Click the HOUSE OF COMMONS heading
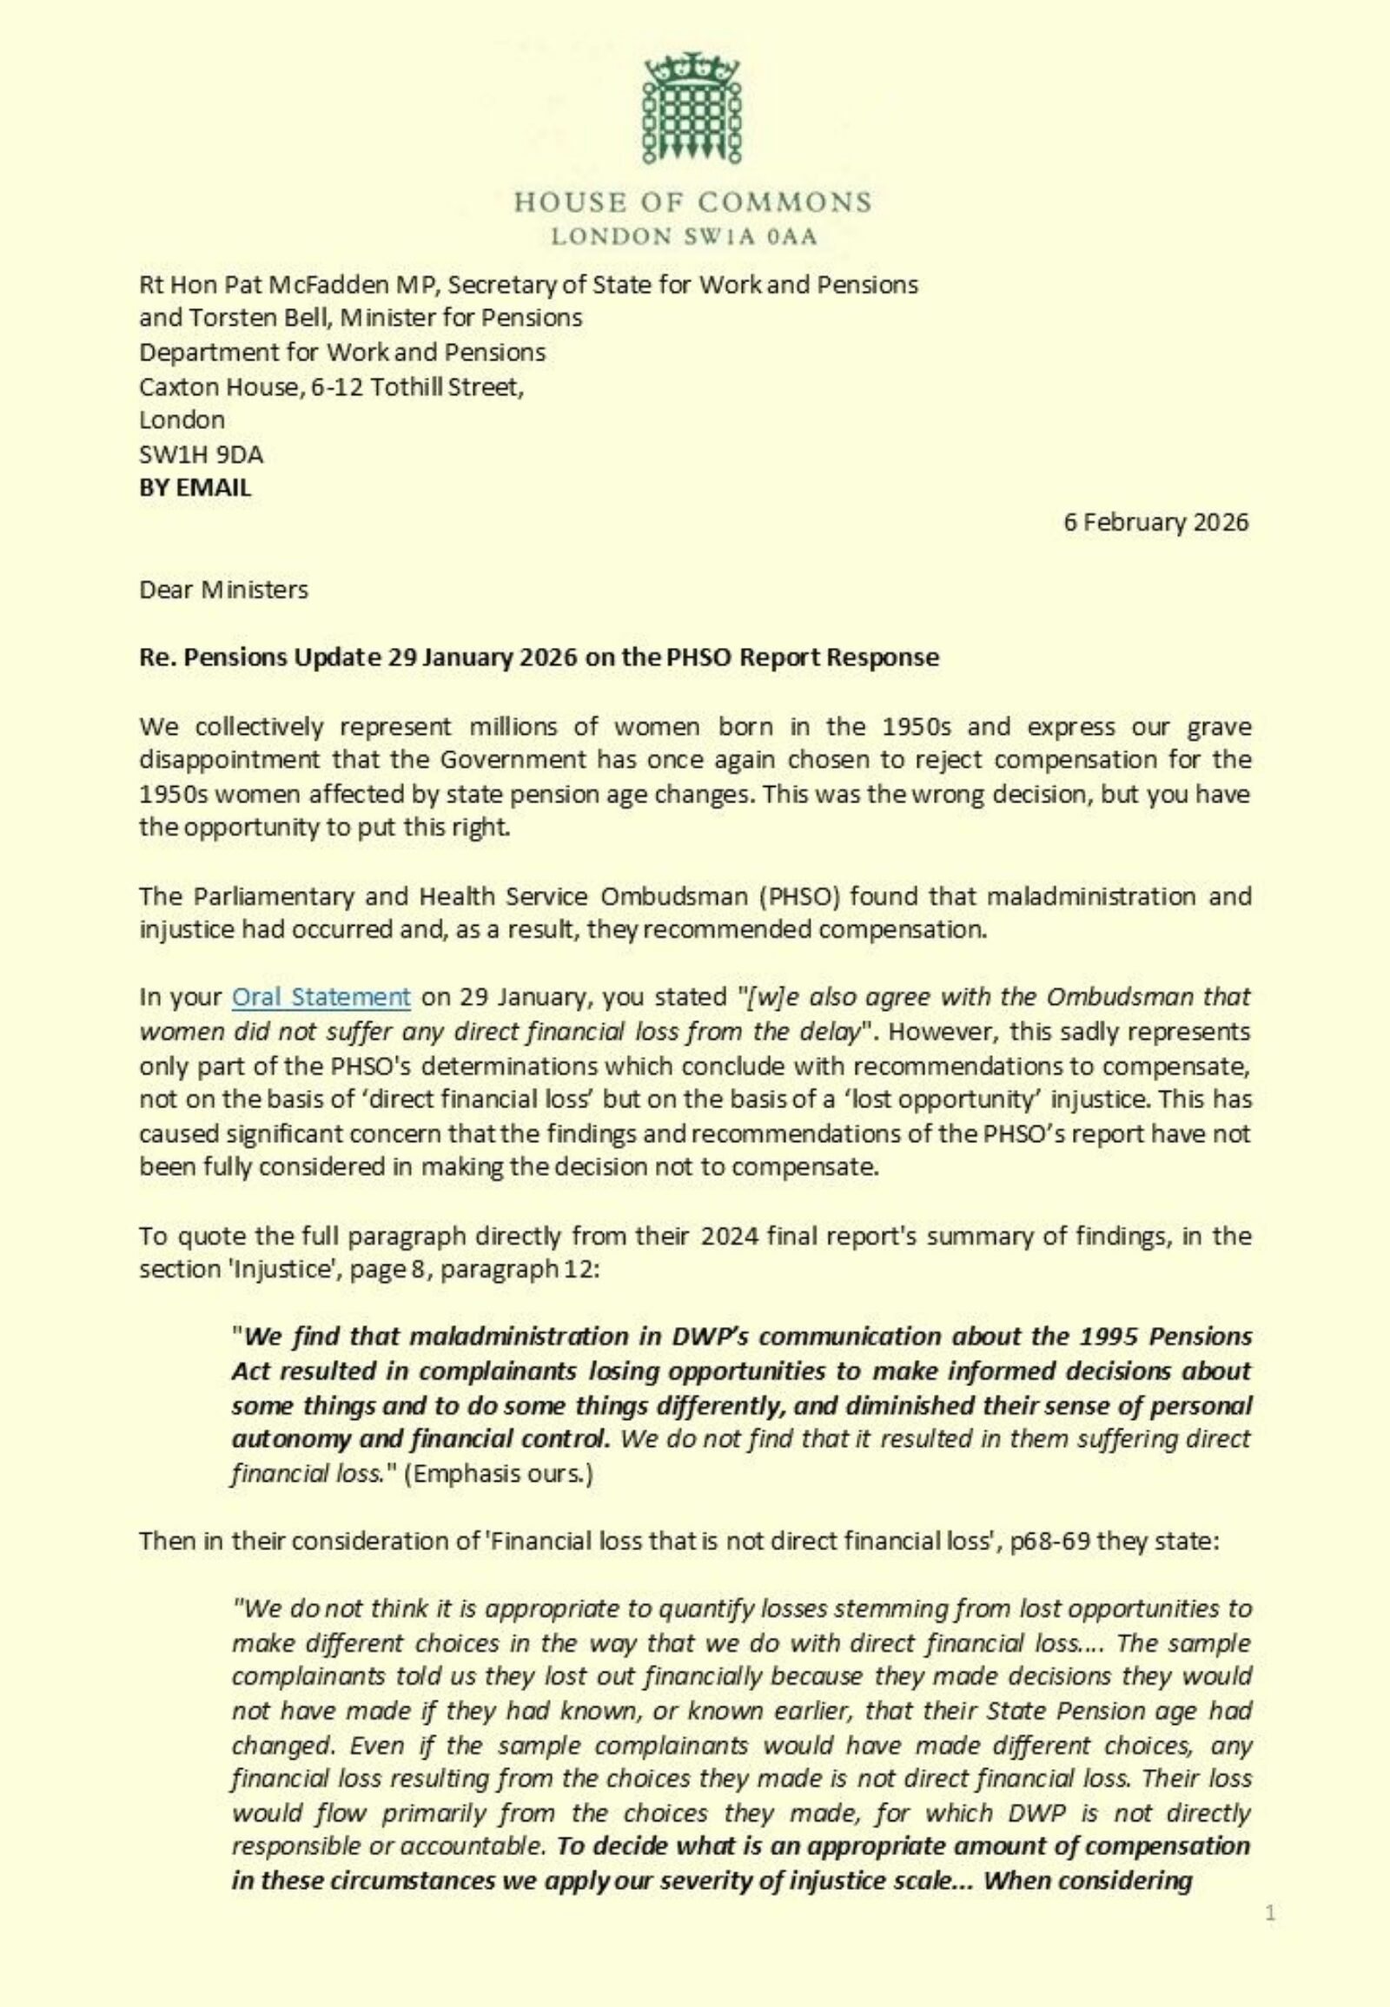click(x=692, y=203)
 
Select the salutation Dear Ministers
click(x=224, y=591)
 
